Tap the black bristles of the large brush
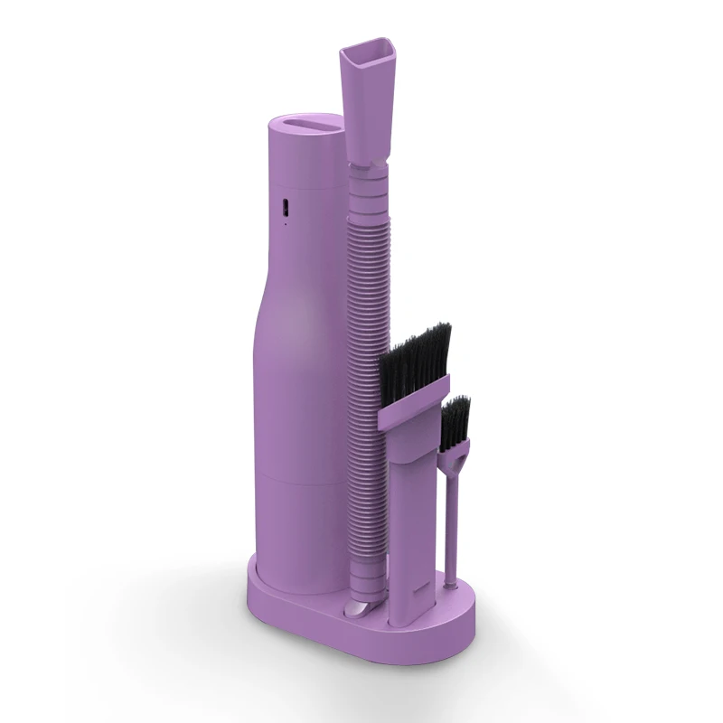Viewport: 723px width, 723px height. (x=415, y=357)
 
